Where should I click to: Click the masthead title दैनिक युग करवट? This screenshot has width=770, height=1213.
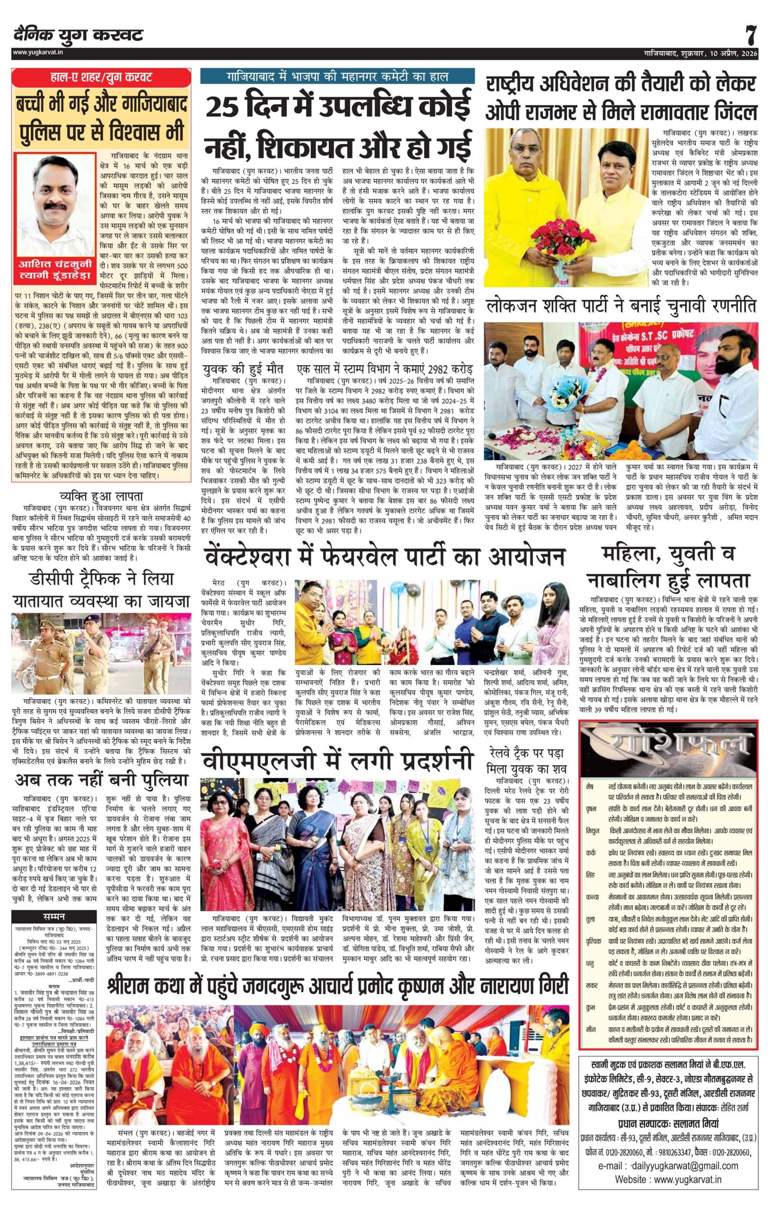pyautogui.click(x=78, y=35)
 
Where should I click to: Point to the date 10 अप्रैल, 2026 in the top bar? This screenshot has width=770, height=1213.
pyautogui.click(x=725, y=53)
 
